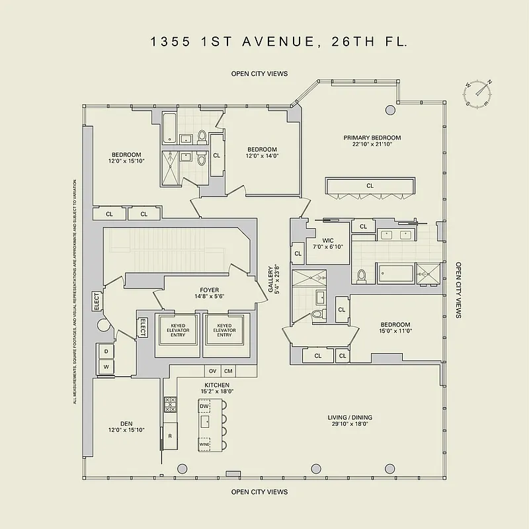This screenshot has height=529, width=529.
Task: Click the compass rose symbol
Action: pos(479,93)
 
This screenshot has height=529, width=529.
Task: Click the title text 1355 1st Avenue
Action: pos(278,42)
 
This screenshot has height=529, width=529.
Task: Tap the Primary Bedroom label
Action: pos(372,141)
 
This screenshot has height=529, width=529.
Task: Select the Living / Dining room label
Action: pos(350,421)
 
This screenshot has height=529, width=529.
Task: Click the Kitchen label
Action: pos(217,388)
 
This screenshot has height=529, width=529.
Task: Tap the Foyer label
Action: pos(209,294)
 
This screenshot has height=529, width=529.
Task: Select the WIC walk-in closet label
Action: pos(328,243)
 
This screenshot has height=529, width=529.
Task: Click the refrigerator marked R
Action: pos(170,436)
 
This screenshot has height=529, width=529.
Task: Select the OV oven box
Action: pos(212,371)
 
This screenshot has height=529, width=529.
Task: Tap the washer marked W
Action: pos(105,366)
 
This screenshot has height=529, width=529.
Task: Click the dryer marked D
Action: pos(105,350)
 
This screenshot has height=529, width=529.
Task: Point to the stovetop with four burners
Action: pos(170,404)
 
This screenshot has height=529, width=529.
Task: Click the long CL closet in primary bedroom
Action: pos(370,186)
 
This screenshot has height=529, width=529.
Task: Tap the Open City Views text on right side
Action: pos(458,290)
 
